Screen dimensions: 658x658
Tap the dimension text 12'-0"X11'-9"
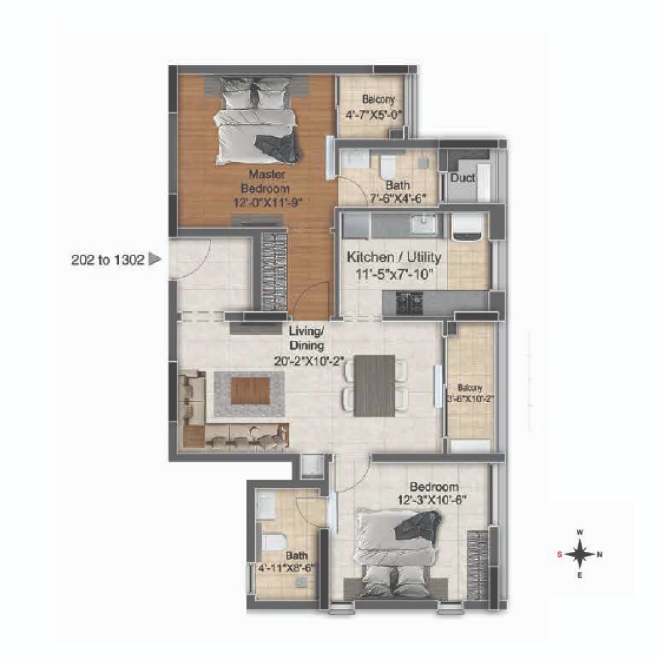point(268,203)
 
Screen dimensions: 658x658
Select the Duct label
point(463,178)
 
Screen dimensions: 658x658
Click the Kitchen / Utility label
point(393,257)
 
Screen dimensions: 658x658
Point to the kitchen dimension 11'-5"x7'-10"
point(393,274)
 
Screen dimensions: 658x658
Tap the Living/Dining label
point(307,338)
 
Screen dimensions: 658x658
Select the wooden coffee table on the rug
point(250,391)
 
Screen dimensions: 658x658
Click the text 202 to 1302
point(108,260)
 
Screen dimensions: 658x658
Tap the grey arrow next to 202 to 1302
point(155,259)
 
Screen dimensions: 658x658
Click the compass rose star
point(580,554)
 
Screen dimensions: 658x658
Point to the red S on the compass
point(559,554)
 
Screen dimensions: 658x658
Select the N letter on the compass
point(599,554)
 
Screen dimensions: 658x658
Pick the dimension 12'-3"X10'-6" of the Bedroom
point(432,500)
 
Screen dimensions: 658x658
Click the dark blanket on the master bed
point(278,149)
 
